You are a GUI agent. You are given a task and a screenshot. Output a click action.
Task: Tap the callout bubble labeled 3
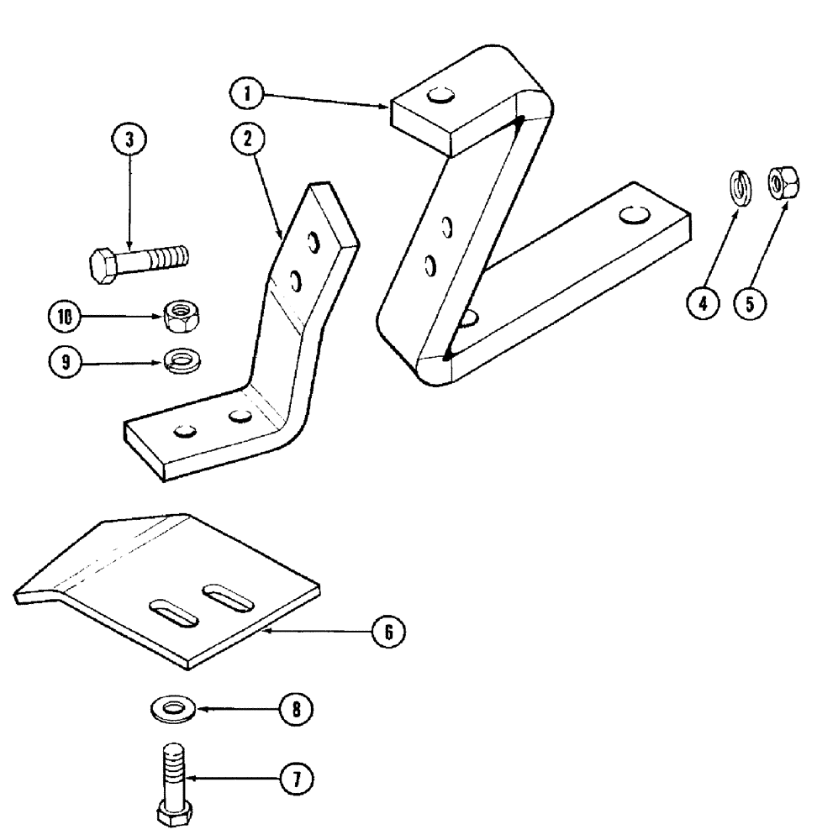coord(128,139)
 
